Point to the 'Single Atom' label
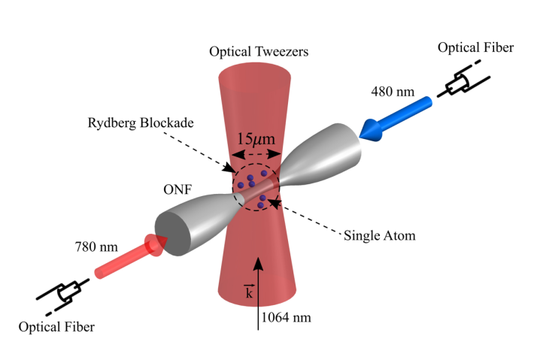pyautogui.click(x=379, y=235)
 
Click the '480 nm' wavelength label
pyautogui.click(x=393, y=92)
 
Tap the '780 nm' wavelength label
pyautogui.click(x=96, y=247)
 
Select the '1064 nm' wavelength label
pyautogui.click(x=286, y=316)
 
